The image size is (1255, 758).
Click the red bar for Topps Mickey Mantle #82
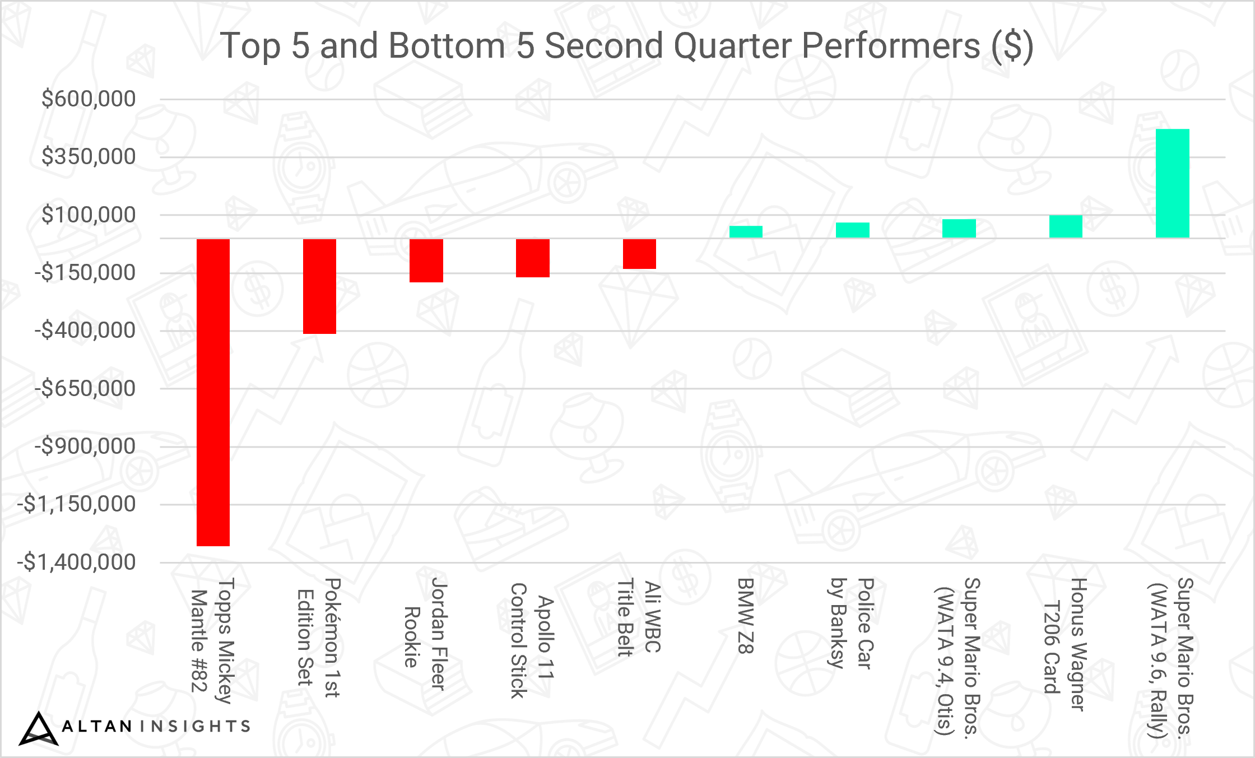pyautogui.click(x=213, y=392)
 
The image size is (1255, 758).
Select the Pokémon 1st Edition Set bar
pyautogui.click(x=319, y=286)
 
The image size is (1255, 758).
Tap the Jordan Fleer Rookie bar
pyautogui.click(x=426, y=261)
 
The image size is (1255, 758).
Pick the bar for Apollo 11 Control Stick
pyautogui.click(x=533, y=258)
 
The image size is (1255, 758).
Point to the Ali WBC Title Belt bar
pyautogui.click(x=639, y=254)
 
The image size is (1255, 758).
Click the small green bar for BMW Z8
pyautogui.click(x=746, y=232)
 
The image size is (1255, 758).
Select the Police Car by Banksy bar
pyautogui.click(x=853, y=230)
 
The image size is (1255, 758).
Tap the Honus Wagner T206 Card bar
pyautogui.click(x=1066, y=226)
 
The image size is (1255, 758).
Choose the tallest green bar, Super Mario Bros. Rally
pyautogui.click(x=1173, y=183)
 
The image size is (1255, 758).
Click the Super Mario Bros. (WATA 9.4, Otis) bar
pyautogui.click(x=959, y=229)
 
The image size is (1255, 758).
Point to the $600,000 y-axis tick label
pyautogui.click(x=89, y=99)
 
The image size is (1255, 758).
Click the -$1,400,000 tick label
pyautogui.click(x=76, y=562)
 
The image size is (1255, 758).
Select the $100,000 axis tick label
pyautogui.click(x=89, y=215)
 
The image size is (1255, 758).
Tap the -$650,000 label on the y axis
pyautogui.click(x=85, y=388)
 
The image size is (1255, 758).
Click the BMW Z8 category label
pyautogui.click(x=746, y=616)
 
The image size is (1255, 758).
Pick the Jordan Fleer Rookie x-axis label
pyautogui.click(x=426, y=634)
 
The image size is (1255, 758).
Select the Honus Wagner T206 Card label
pyautogui.click(x=1065, y=644)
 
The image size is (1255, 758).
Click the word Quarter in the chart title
pyautogui.click(x=733, y=46)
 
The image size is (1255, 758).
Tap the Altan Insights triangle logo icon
pyautogui.click(x=38, y=729)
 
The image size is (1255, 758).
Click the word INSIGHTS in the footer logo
pyautogui.click(x=195, y=727)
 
